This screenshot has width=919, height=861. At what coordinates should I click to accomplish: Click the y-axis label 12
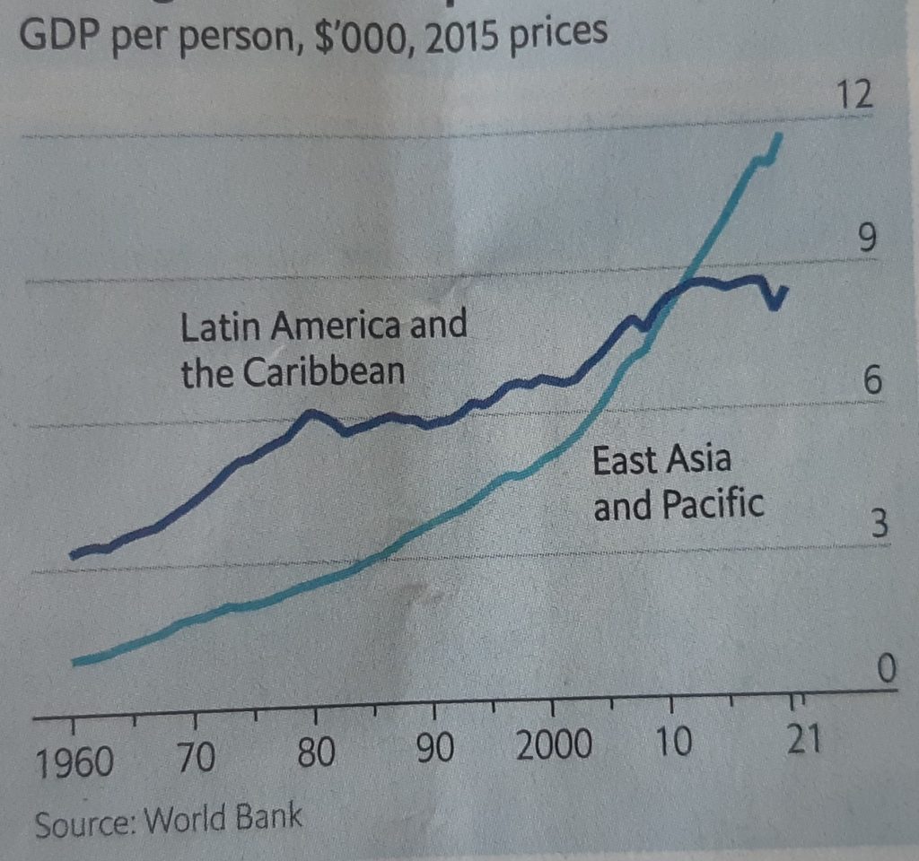854,94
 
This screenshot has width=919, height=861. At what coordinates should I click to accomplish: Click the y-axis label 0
887,669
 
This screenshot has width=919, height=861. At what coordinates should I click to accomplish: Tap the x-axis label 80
316,754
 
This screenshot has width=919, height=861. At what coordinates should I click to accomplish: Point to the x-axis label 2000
554,746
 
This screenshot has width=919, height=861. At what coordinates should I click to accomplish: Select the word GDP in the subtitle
61,42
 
